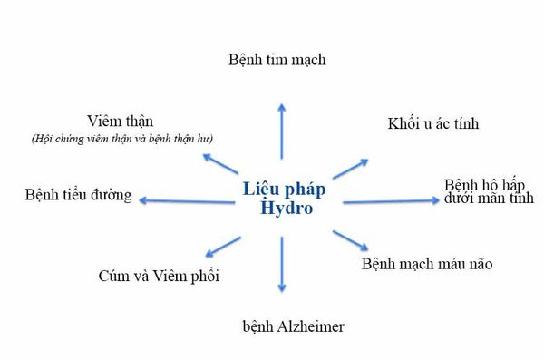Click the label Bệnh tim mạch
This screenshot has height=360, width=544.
277,60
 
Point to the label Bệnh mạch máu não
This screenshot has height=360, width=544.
427,265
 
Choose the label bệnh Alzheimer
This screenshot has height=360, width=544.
281,325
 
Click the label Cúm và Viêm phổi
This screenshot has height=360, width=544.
159,276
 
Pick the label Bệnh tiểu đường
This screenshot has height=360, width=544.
79,195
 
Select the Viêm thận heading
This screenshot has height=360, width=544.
121,121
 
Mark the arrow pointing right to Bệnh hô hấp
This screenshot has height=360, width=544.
390,201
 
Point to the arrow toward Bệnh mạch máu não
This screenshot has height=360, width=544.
350,240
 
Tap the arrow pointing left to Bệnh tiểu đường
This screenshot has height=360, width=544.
186,199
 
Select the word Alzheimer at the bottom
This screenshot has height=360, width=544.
300,325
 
